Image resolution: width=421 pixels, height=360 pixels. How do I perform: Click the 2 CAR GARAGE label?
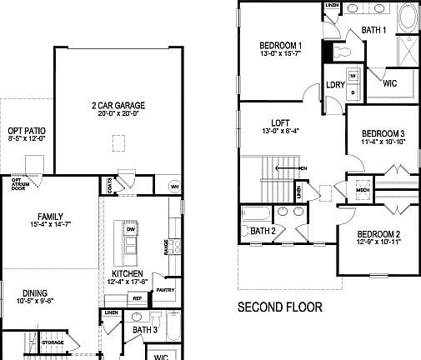[118, 105]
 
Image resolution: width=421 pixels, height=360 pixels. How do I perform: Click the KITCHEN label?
[128, 274]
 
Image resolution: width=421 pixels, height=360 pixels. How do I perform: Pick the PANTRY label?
[164, 290]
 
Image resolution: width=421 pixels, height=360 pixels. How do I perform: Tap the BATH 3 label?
[145, 330]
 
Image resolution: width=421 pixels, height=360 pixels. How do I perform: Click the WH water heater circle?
[173, 186]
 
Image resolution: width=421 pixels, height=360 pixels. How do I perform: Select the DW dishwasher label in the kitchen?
[131, 229]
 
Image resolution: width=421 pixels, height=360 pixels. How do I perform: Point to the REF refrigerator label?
[137, 297]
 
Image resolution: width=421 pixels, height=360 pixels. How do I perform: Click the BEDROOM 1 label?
[280, 45]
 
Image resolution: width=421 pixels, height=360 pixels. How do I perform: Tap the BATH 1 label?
[373, 31]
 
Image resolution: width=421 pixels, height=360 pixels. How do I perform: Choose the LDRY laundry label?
[336, 84]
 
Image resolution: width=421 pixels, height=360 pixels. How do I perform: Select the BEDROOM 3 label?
[383, 133]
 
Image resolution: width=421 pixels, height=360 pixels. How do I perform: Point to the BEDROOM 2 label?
[379, 234]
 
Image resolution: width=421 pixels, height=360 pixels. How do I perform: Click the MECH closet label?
[363, 189]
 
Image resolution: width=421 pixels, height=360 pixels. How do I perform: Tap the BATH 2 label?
[263, 231]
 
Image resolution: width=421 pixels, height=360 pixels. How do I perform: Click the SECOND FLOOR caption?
[280, 307]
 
